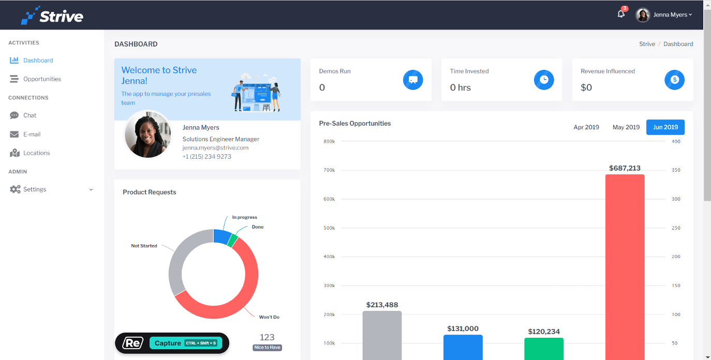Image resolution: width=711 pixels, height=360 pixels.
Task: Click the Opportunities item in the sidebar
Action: click(x=42, y=79)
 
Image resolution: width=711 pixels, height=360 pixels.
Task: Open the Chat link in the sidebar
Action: click(x=29, y=115)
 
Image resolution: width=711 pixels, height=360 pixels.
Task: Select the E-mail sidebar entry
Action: click(x=32, y=134)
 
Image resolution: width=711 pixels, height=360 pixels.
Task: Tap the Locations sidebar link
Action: click(x=36, y=153)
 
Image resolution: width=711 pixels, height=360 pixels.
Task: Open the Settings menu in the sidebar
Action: click(x=35, y=189)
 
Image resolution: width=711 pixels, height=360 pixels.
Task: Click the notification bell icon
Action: click(x=621, y=14)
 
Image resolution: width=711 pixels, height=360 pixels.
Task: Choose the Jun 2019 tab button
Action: click(x=665, y=127)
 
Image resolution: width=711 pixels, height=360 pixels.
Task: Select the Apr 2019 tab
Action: click(x=586, y=127)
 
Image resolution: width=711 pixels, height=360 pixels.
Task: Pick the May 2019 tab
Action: click(x=626, y=127)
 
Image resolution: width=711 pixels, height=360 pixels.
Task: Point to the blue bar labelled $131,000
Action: click(x=463, y=347)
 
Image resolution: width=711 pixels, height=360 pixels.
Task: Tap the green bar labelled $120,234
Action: click(x=543, y=349)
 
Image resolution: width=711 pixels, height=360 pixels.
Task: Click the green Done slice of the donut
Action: click(x=233, y=241)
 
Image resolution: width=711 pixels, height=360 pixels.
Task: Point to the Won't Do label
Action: click(x=269, y=317)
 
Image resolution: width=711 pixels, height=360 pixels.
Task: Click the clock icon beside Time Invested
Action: click(x=543, y=80)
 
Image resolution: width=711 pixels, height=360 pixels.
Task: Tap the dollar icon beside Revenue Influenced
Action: click(x=674, y=80)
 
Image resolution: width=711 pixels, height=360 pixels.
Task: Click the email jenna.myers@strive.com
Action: click(x=215, y=148)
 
